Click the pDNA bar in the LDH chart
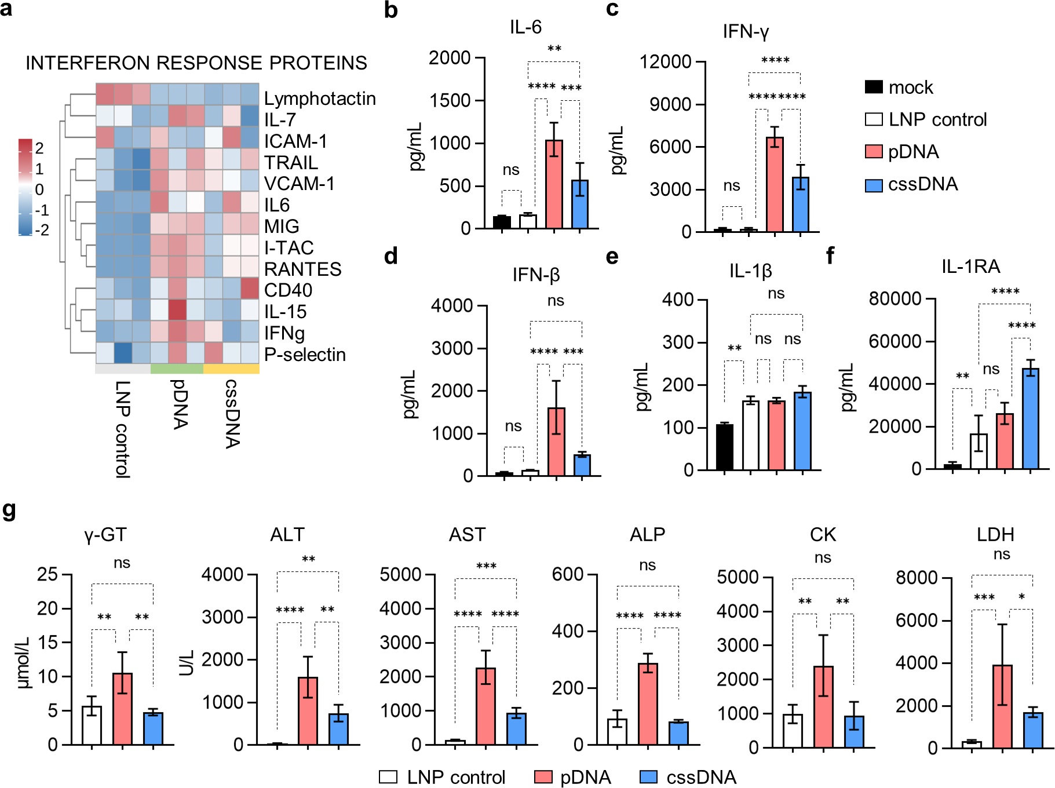1002,706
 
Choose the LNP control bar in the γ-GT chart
92,725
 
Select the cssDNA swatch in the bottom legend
648,777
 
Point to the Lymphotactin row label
320,99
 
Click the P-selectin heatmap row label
305,355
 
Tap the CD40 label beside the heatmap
288,290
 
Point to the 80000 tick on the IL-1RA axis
895,299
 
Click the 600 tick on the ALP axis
567,574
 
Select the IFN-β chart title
536,275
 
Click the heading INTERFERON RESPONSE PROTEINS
196,63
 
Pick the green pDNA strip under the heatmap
177,369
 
